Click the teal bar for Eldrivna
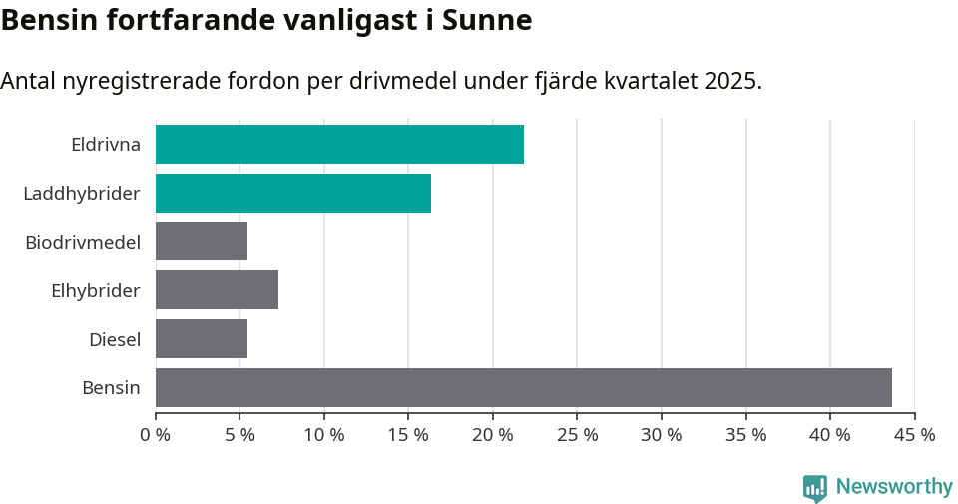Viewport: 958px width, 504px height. (x=339, y=144)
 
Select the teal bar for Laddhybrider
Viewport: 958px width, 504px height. (x=293, y=193)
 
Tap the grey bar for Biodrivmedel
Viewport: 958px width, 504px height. (x=202, y=242)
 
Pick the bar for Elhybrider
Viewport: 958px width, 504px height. (x=217, y=290)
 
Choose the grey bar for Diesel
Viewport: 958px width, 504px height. (x=202, y=339)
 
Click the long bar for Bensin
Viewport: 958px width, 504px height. (x=524, y=387)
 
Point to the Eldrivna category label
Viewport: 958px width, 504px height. (x=106, y=144)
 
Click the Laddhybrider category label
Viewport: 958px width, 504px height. (x=82, y=193)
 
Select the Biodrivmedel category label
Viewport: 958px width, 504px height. (x=83, y=242)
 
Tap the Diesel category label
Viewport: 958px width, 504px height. (x=115, y=339)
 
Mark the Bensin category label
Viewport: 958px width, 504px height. (x=111, y=388)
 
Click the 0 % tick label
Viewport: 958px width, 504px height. (x=156, y=435)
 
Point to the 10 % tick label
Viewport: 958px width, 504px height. (x=324, y=435)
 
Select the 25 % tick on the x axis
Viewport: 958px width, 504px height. (x=577, y=435)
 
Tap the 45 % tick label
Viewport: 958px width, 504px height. (x=914, y=435)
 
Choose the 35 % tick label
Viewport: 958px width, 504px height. (x=745, y=435)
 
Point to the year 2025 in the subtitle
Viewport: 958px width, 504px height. (x=728, y=81)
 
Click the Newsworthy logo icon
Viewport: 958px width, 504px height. (x=815, y=487)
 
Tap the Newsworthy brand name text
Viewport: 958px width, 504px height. (x=894, y=486)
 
